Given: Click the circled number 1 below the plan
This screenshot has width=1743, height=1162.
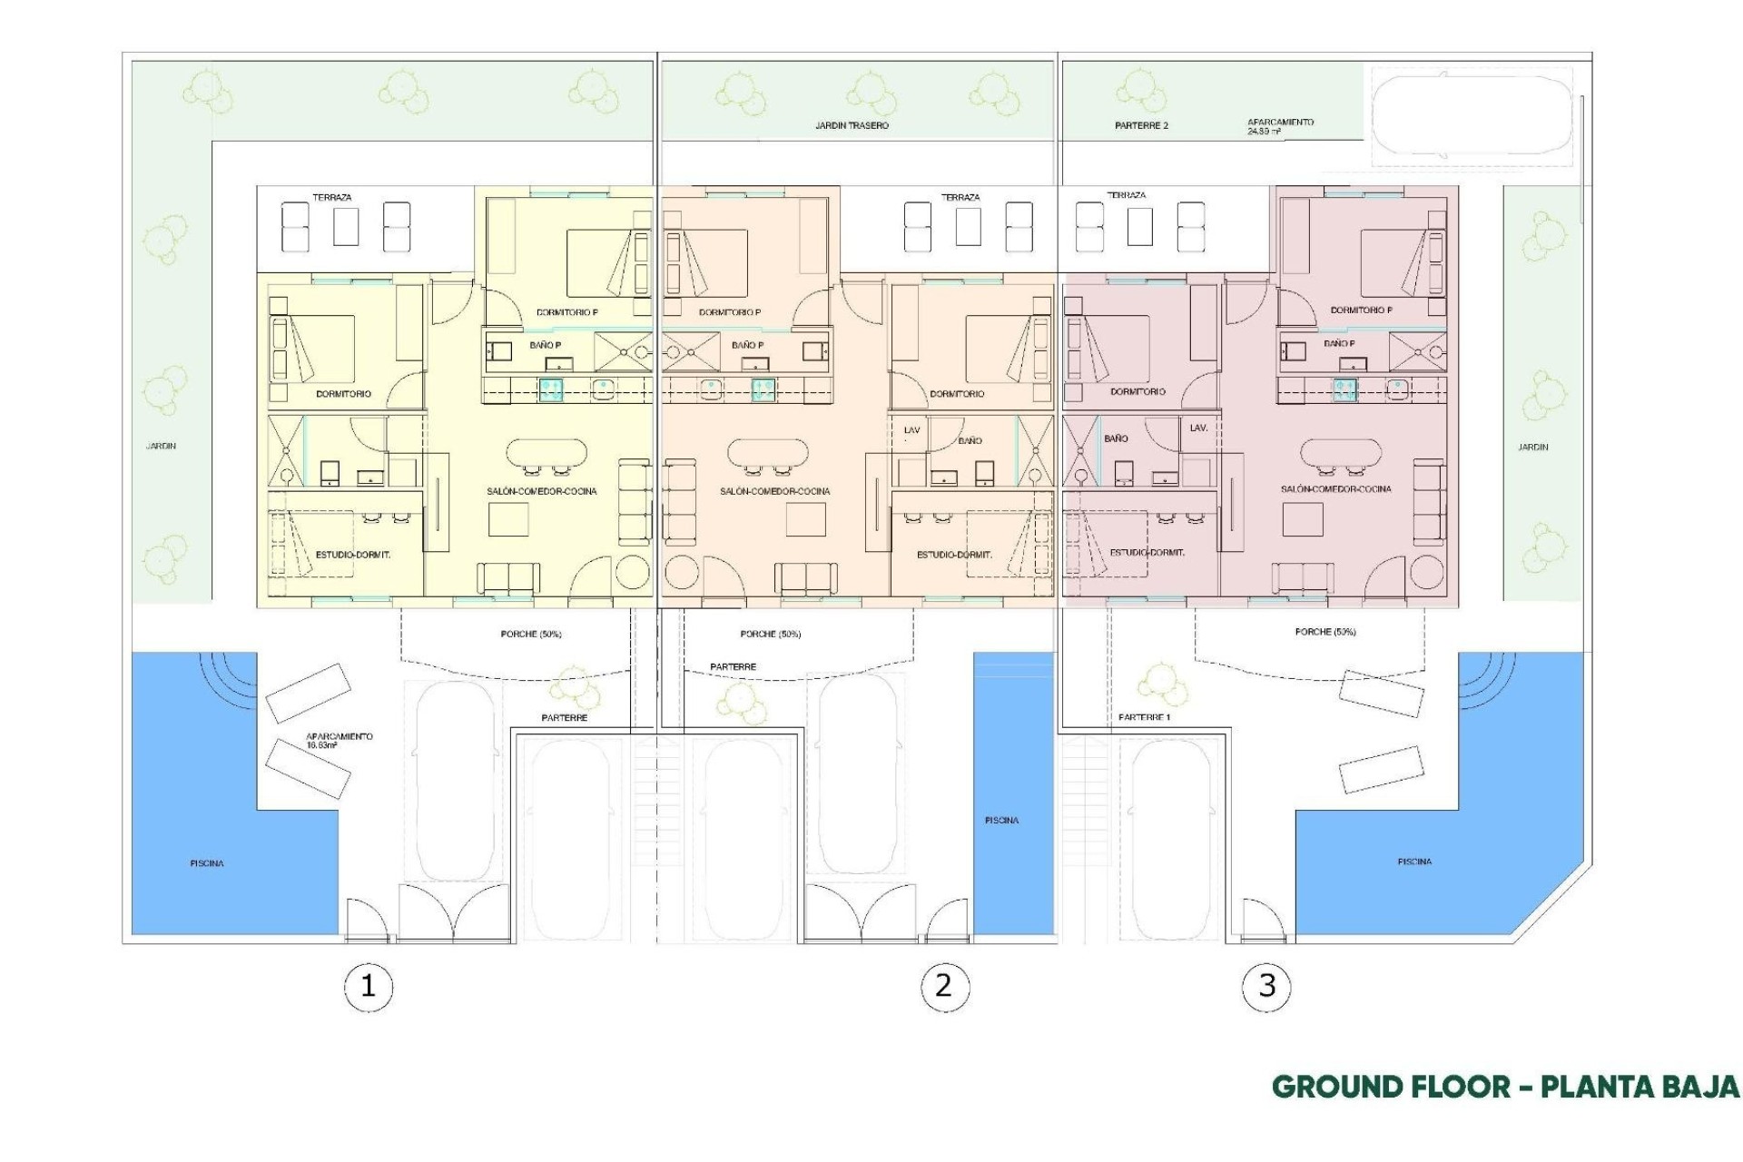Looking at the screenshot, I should tap(368, 986).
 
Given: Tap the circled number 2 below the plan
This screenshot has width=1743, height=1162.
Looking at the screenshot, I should tap(944, 986).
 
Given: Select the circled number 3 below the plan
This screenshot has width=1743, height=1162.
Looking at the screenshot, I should tap(1267, 986).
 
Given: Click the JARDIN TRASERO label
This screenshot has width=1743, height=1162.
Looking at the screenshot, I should tap(852, 126).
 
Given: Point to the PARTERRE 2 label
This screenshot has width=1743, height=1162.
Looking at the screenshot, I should tap(1141, 126).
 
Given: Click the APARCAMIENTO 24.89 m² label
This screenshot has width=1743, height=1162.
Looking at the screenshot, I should tap(1280, 126).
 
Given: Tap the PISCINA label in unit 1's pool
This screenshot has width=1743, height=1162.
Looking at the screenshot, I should tap(207, 863).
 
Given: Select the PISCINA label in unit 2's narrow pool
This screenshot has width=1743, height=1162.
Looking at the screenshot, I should tap(1001, 821).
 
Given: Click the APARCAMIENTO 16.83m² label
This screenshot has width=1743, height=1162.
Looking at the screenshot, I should tap(339, 741).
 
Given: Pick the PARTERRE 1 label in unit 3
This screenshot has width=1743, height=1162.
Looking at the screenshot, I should tap(1144, 717).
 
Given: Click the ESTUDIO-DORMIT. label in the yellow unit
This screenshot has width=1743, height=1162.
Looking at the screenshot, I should tap(352, 555).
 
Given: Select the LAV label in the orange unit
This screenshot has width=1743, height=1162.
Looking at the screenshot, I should tap(911, 430).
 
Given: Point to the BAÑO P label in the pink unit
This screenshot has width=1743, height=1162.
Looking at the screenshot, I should tap(1339, 344).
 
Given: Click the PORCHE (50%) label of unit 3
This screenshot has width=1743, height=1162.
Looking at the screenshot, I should tap(1325, 632).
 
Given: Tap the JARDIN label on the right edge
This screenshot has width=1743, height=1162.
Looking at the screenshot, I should tap(1533, 447).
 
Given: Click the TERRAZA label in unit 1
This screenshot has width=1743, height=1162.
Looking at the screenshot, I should tap(331, 197).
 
